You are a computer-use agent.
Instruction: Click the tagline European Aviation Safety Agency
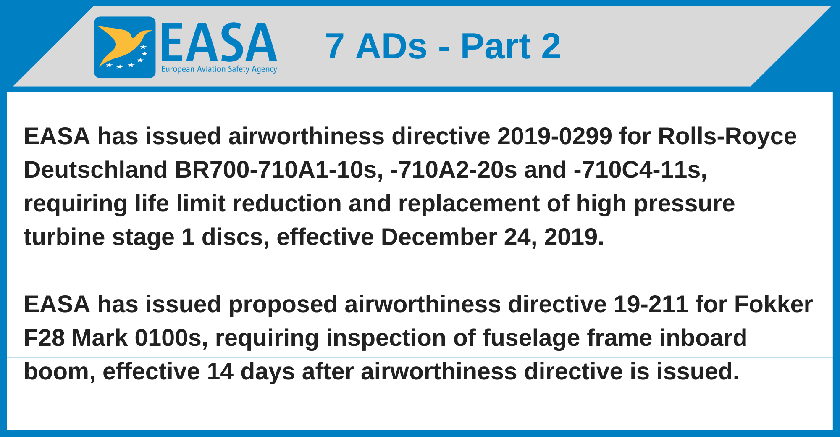[x=219, y=69]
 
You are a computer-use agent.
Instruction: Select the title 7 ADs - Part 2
[x=443, y=46]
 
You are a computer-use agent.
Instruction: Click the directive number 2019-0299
[x=554, y=137]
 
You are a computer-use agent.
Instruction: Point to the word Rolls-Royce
[x=727, y=137]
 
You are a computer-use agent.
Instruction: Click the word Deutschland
[x=96, y=170]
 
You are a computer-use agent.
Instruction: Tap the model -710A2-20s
[x=454, y=170]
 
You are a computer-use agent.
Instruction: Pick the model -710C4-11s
[x=640, y=170]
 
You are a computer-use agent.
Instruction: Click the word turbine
[x=64, y=237]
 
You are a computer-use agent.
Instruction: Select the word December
[x=438, y=237]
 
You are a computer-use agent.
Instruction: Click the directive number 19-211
[x=651, y=305]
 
